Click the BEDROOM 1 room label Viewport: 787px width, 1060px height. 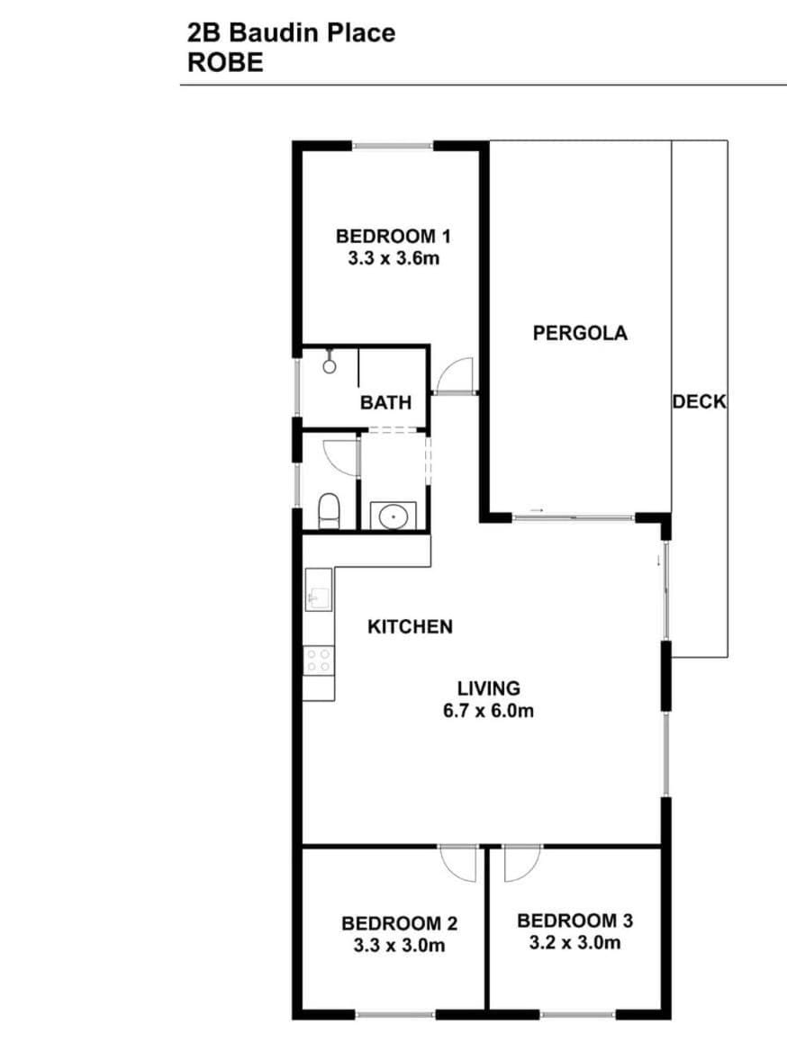point(393,236)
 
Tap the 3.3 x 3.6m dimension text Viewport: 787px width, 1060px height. point(393,258)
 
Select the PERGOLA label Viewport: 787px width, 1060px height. point(580,333)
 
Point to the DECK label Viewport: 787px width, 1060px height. point(699,401)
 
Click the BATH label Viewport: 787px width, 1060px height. point(385,403)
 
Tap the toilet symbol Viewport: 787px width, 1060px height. point(329,510)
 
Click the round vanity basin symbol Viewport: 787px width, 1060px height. point(393,517)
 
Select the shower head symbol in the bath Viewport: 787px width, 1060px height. point(330,363)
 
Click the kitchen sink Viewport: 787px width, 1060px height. point(319,590)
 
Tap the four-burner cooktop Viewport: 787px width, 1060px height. point(319,660)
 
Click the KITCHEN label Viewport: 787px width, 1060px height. point(410,626)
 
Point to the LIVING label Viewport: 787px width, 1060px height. point(489,688)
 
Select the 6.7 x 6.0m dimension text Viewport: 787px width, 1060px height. point(489,711)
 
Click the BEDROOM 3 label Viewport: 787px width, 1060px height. point(575,921)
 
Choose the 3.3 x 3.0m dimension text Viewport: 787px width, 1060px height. point(399,945)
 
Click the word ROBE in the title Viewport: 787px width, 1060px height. point(225,62)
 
